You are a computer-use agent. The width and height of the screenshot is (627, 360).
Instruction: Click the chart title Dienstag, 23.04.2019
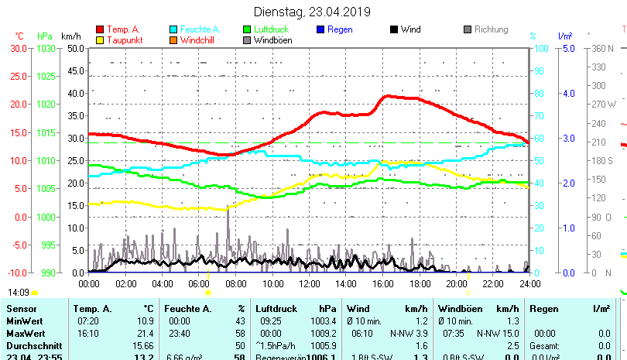tap(312, 12)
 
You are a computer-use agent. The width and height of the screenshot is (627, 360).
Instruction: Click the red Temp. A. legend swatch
tap(100, 30)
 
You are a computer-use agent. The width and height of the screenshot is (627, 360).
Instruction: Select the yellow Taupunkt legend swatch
tap(100, 40)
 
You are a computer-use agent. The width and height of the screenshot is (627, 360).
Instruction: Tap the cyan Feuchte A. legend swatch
tap(174, 30)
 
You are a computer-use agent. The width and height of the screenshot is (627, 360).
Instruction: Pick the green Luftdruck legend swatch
tap(248, 30)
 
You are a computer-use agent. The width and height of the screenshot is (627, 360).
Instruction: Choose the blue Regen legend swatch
tap(321, 30)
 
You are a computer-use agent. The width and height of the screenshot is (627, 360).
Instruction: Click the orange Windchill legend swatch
tap(174, 40)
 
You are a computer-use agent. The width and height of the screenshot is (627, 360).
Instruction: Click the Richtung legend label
tap(492, 30)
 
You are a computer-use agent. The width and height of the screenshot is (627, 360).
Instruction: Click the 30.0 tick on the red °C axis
tap(19, 48)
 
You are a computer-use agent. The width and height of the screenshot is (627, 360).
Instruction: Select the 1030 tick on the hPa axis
tap(46, 48)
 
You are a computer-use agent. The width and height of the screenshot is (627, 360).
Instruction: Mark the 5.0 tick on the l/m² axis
tap(567, 48)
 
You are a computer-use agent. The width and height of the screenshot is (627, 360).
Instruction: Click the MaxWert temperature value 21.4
tap(145, 333)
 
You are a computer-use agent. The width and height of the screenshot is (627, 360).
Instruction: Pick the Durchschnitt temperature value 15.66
tap(142, 345)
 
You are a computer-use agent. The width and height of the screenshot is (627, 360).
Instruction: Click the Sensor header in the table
tap(22, 309)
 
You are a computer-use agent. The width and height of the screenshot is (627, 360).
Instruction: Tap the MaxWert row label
tap(26, 333)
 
